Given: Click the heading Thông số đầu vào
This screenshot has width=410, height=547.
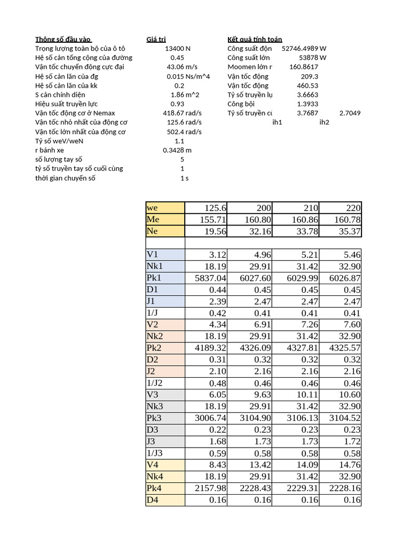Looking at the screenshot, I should [x=64, y=39].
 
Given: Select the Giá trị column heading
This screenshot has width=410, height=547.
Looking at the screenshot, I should [x=156, y=39].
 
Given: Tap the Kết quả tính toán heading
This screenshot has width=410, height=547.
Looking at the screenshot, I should [x=255, y=39].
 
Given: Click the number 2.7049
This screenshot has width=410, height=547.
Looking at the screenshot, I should [x=350, y=113].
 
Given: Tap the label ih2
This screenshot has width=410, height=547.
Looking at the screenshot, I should [x=324, y=122].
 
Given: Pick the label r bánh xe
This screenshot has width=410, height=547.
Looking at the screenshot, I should [x=50, y=150].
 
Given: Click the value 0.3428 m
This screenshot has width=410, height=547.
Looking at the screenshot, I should [x=177, y=150].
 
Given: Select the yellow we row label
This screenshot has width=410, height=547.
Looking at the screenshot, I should [x=165, y=208].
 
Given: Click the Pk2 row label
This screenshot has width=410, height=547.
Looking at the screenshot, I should [x=165, y=348].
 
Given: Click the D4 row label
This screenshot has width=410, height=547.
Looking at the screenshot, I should [x=165, y=500].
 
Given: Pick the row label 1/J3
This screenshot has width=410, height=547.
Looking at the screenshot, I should [x=165, y=453].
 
